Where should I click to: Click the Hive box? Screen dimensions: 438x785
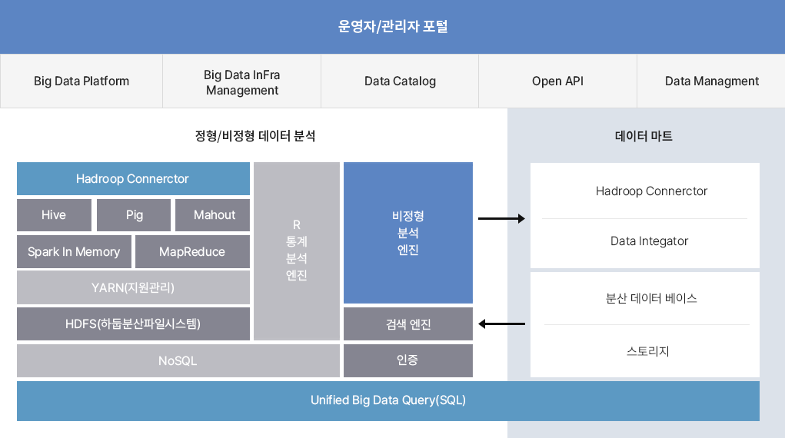click(54, 215)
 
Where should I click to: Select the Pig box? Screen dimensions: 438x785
click(135, 215)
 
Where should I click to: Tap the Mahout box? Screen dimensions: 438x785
click(213, 215)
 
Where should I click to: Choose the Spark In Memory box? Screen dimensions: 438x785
click(74, 252)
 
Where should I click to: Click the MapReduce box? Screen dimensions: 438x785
click(192, 252)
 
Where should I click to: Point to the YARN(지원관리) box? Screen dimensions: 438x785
click(133, 288)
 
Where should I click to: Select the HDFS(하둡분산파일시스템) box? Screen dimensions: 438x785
click(133, 324)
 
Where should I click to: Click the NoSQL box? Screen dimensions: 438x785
click(178, 360)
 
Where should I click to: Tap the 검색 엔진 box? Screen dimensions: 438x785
click(408, 324)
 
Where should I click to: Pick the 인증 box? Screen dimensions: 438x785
click(408, 360)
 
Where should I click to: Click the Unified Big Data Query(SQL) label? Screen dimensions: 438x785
click(388, 400)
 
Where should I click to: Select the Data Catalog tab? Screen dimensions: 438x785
click(400, 81)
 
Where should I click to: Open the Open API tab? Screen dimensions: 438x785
click(557, 81)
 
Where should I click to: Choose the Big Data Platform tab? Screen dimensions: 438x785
click(81, 81)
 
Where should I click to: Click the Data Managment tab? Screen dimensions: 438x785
click(711, 81)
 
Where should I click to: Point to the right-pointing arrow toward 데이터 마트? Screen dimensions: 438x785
click(501, 219)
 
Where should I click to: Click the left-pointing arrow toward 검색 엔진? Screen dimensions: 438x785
click(501, 324)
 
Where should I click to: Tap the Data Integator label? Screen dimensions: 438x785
click(649, 241)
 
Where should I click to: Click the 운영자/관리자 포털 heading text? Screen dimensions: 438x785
click(393, 27)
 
